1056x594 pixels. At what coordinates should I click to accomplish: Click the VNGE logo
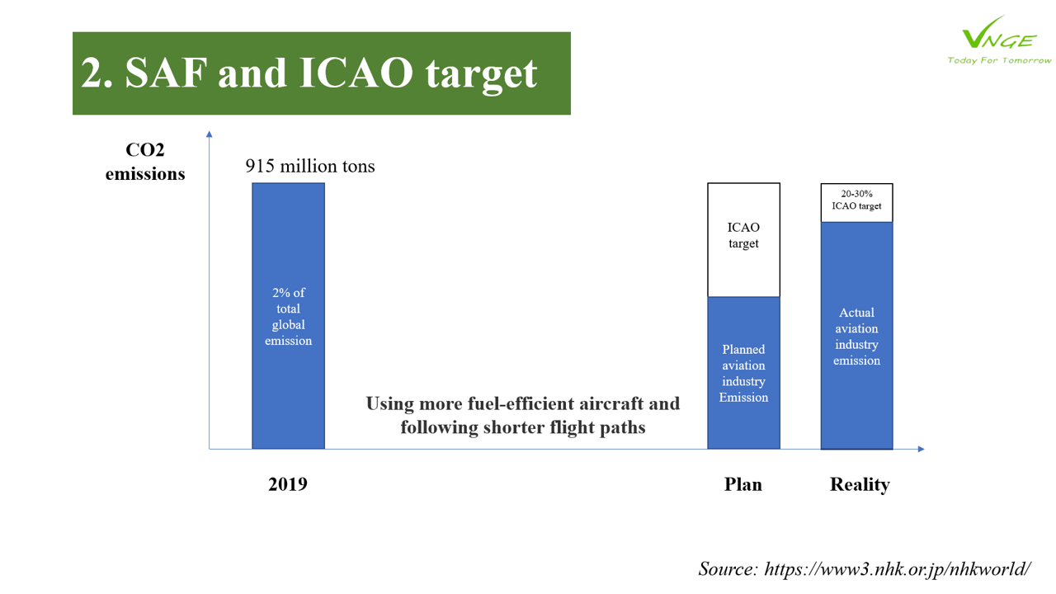999,40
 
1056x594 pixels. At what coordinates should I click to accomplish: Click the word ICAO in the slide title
356,73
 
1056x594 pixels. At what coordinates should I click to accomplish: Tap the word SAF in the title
166,73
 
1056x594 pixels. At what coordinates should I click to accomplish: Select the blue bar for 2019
288,316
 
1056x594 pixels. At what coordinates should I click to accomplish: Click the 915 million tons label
309,166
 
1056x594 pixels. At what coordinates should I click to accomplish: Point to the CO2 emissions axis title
145,162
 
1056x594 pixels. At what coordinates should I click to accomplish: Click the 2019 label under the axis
288,484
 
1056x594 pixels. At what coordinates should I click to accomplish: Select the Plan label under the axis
743,484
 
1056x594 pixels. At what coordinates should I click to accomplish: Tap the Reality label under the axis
860,485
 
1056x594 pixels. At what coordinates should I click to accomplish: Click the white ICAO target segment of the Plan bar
743,240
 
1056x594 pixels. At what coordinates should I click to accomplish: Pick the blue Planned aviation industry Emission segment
743,373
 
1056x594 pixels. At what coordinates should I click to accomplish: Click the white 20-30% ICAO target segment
856,203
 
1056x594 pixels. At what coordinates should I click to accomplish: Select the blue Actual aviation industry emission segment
856,336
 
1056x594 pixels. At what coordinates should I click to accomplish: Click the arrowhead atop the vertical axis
210,134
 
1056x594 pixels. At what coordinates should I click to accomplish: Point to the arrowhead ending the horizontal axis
922,449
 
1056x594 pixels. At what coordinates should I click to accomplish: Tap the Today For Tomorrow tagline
999,60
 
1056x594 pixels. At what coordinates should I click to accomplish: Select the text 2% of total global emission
288,316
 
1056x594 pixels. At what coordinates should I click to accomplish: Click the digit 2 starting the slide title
92,73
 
